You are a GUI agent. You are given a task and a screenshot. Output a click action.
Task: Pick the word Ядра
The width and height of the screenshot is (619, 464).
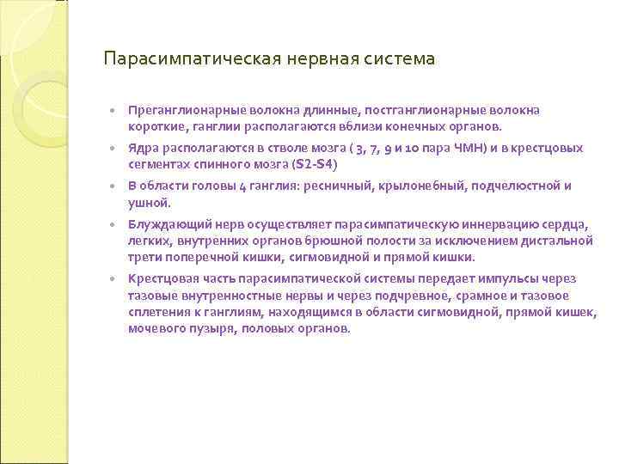click(x=142, y=149)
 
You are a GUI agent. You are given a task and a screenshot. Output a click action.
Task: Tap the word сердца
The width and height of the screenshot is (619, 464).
click(x=567, y=225)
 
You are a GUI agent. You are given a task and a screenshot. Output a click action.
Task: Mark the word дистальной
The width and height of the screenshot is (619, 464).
click(x=560, y=241)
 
